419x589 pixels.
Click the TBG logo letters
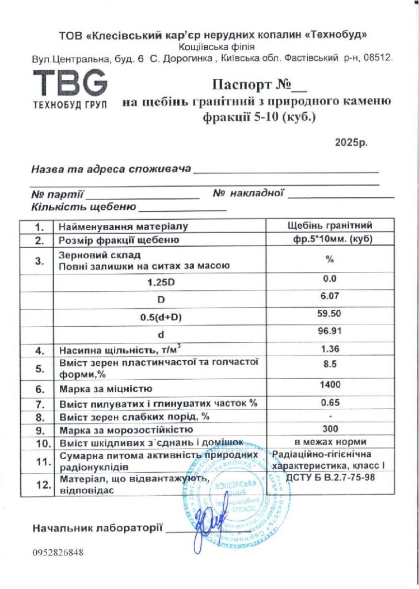(x=70, y=84)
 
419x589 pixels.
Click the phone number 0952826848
(x=58, y=553)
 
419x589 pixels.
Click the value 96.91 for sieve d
(x=330, y=332)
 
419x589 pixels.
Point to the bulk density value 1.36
(x=330, y=349)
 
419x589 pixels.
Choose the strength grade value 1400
(x=330, y=385)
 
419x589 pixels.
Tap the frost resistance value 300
(x=330, y=429)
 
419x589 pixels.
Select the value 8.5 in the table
(x=330, y=364)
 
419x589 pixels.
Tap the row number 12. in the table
(x=40, y=484)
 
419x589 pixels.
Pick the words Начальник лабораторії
(x=98, y=527)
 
